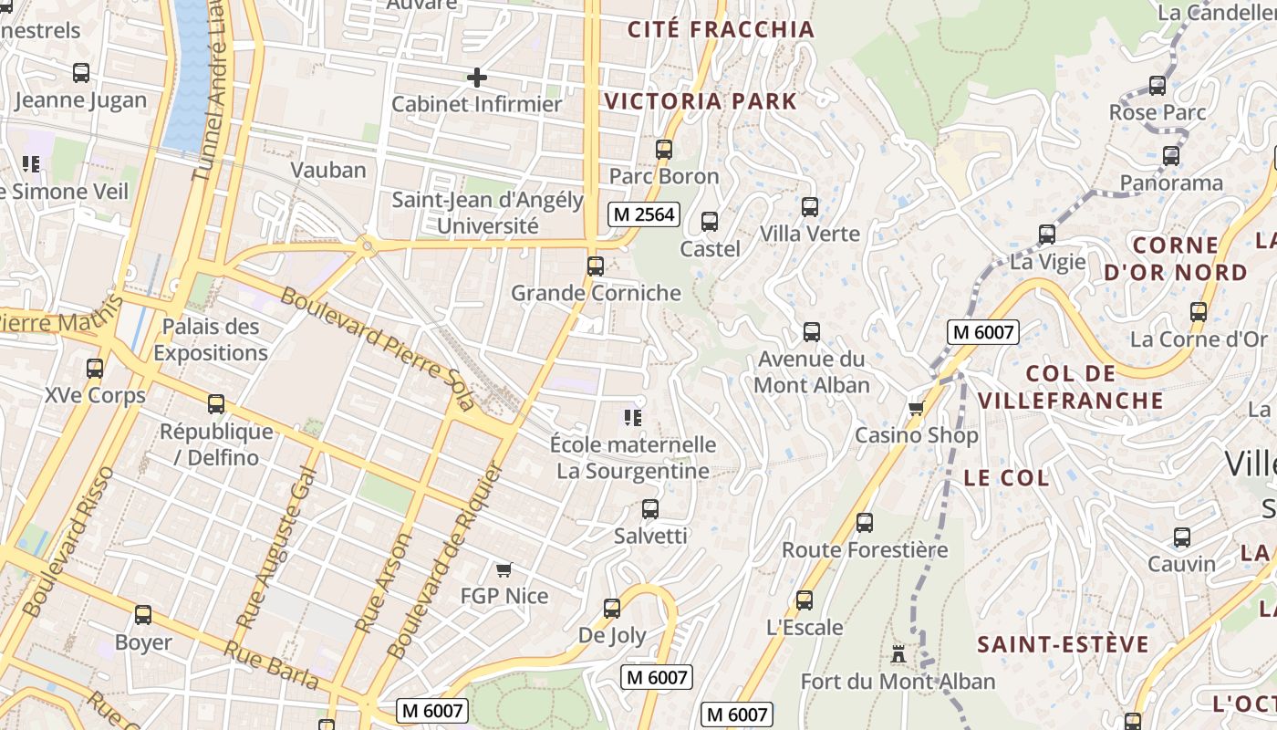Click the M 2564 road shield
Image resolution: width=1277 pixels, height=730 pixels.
(644, 214)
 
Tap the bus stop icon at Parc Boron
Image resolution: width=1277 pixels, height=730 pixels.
(664, 150)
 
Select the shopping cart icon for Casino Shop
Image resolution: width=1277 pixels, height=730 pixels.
(916, 408)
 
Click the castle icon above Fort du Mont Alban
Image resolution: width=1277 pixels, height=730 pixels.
(898, 654)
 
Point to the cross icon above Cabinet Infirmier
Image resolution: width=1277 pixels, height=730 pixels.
(476, 78)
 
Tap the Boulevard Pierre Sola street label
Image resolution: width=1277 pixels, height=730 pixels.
(378, 349)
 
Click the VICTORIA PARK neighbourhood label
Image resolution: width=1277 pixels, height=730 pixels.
(701, 101)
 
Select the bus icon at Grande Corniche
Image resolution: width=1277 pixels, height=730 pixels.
(596, 266)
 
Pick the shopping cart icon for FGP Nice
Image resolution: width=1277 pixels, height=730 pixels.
(504, 570)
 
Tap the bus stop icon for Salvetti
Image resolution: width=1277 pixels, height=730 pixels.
(649, 509)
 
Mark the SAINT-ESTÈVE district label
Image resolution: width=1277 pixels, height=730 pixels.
(1063, 644)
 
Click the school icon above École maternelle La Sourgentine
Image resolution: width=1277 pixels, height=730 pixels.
(632, 418)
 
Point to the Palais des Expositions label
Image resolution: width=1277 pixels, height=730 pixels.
(211, 339)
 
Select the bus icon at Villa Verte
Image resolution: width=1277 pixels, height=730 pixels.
(810, 207)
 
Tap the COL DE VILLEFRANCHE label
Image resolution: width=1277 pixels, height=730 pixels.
(1071, 387)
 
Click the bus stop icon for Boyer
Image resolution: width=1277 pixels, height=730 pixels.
(143, 615)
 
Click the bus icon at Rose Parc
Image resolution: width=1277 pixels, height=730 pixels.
(1158, 86)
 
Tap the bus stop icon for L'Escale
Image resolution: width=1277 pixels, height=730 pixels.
(804, 600)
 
